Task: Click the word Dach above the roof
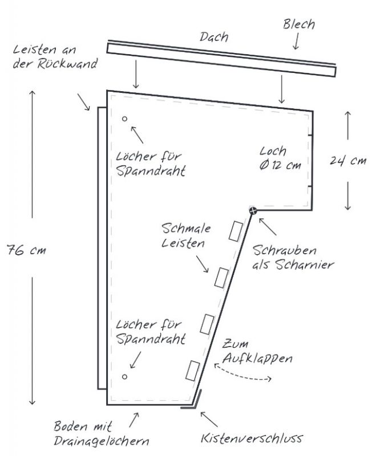point(214,37)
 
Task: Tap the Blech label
point(299,25)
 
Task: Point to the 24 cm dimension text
point(347,161)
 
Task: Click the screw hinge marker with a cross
point(253,211)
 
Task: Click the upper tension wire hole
point(124,119)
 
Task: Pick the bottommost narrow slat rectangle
point(191,370)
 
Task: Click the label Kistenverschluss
point(252,439)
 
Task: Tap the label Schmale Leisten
point(187,236)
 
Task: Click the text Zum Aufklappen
point(257,352)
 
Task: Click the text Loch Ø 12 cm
point(280,158)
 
